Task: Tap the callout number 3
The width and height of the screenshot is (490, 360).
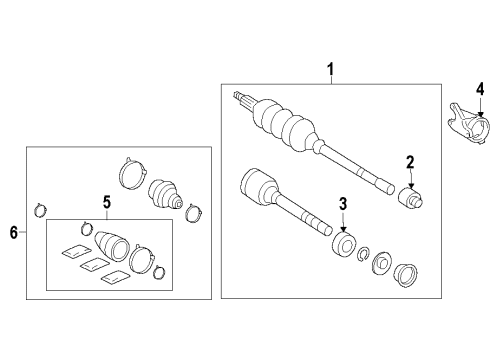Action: click(343, 204)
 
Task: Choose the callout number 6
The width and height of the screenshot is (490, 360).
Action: click(14, 233)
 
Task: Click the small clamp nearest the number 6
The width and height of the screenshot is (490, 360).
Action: click(41, 210)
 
